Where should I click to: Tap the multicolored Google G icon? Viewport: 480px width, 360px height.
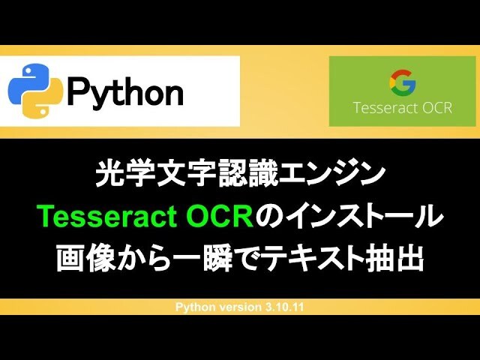[402, 82]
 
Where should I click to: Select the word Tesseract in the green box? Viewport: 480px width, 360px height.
[384, 108]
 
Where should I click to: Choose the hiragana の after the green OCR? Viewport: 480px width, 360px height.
[270, 217]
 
